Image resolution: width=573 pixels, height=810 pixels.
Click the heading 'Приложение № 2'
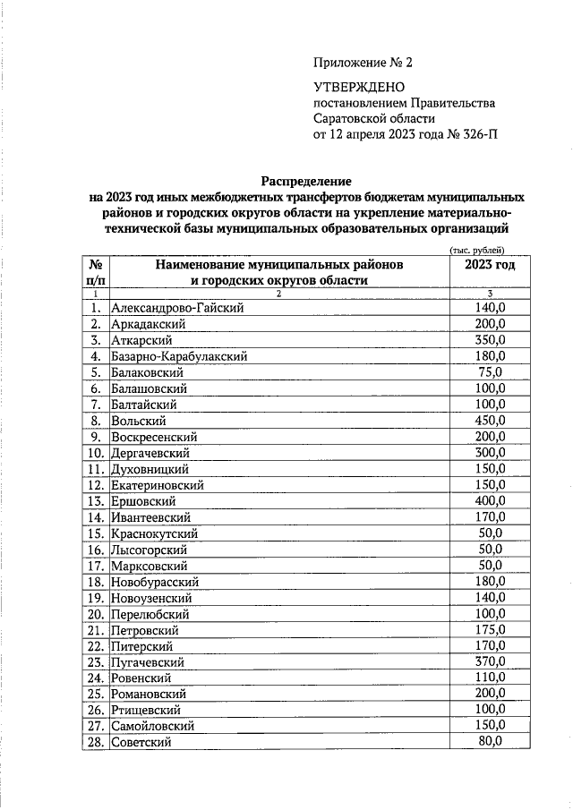pyautogui.click(x=364, y=63)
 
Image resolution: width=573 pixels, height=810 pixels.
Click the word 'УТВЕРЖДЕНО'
pyautogui.click(x=359, y=87)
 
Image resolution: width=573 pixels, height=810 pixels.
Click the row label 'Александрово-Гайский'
pyautogui.click(x=177, y=308)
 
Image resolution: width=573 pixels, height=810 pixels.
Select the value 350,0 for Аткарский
pyautogui.click(x=490, y=340)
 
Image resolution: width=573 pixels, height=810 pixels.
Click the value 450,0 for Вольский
pyautogui.click(x=490, y=420)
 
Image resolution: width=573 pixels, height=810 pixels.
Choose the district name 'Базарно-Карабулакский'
pyautogui.click(x=179, y=356)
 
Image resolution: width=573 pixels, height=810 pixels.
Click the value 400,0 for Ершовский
pyautogui.click(x=490, y=500)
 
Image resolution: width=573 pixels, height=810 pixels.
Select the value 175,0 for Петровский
pyautogui.click(x=490, y=629)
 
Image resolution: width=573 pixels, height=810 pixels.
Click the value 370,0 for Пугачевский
pyautogui.click(x=490, y=661)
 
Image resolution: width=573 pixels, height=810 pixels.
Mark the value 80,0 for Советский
pyautogui.click(x=490, y=741)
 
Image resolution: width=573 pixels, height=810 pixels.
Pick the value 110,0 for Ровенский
pyautogui.click(x=490, y=678)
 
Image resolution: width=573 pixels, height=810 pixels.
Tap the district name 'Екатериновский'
pyautogui.click(x=158, y=485)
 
